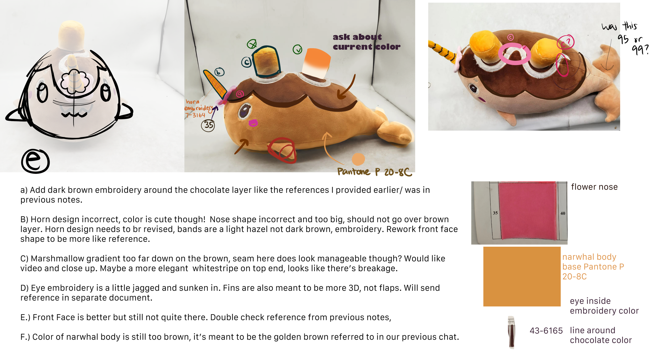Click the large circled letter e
pos(35,161)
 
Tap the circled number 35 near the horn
pos(208,125)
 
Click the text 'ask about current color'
pos(366,42)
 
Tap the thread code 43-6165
pos(546,330)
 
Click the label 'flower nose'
pos(594,187)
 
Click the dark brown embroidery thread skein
pos(511,333)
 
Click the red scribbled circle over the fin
pos(282,150)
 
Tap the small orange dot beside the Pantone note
pos(358,159)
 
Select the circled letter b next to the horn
pos(219,72)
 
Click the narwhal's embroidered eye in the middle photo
pos(245,110)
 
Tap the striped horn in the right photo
pos(443,51)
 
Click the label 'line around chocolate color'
pos(600,335)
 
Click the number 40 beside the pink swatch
pos(563,213)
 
